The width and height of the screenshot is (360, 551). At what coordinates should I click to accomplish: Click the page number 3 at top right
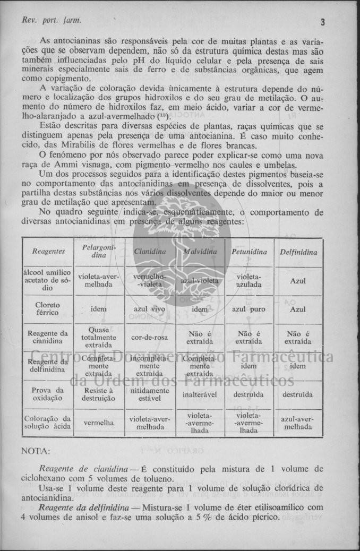(322, 22)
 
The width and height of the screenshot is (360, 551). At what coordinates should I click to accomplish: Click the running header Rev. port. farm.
(52, 21)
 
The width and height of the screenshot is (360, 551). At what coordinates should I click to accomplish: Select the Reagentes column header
(48, 252)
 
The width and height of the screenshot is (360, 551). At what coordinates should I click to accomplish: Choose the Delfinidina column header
(298, 252)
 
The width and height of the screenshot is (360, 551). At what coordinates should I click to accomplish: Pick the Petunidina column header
(249, 252)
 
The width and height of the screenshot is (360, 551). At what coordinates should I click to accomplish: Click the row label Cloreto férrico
(48, 309)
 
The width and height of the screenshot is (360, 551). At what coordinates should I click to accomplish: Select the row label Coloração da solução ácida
(48, 423)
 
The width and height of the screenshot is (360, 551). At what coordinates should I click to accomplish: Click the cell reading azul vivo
(149, 309)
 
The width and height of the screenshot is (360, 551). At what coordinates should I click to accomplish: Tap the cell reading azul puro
(249, 309)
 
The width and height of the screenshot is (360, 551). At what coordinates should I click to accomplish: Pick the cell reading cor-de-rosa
(149, 337)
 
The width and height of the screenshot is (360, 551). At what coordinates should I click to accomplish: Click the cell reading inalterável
(200, 395)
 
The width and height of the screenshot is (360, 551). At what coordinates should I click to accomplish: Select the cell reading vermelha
(99, 423)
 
